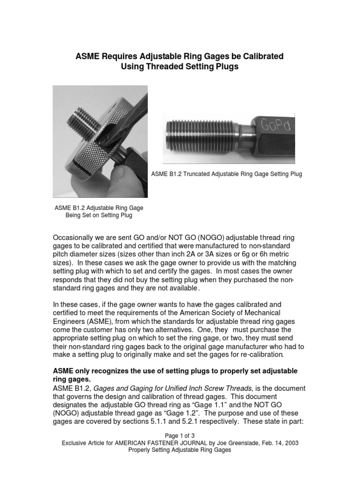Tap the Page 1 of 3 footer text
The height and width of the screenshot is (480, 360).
click(180, 435)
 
